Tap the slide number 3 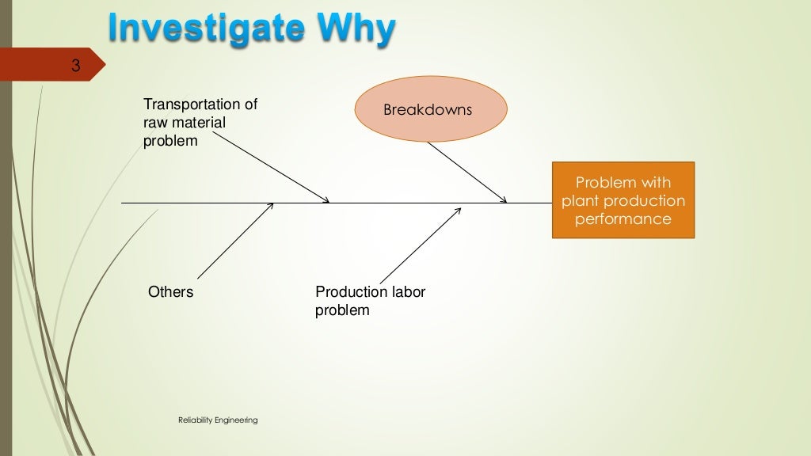75,66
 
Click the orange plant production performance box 623,200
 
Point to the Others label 170,292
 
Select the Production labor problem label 370,301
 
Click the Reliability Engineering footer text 218,420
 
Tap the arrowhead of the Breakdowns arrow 504,201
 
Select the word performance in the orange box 623,219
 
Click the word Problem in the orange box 600,183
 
